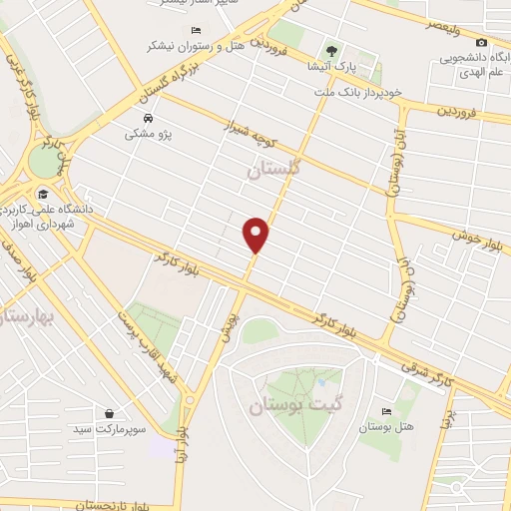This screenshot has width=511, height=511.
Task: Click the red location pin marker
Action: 256,234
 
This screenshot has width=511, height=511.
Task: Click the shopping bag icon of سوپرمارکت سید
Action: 108,412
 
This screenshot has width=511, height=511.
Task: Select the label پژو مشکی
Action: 147,132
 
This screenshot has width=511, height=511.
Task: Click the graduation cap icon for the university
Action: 43,194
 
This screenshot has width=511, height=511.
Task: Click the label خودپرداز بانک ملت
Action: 358,92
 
